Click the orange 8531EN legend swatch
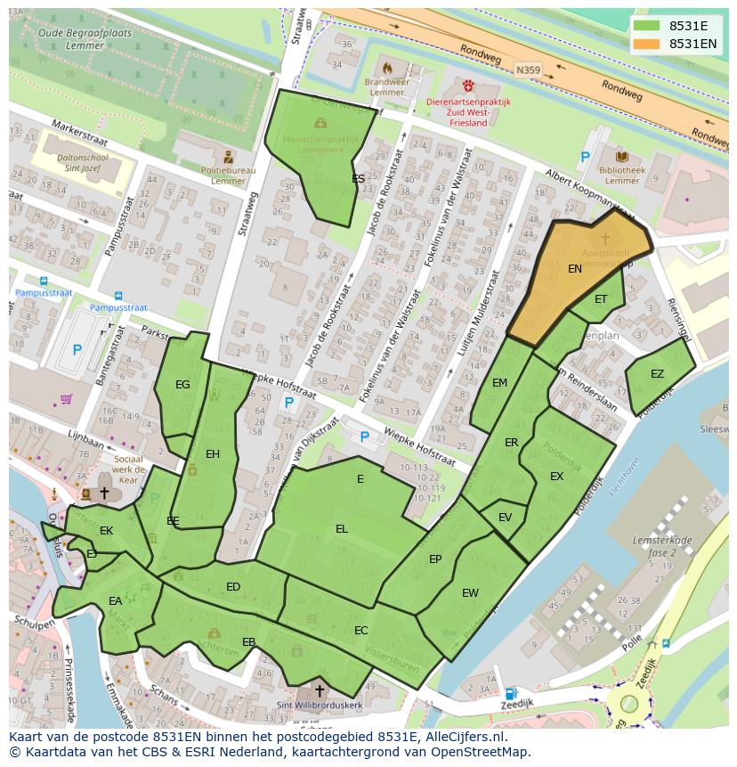click(648, 44)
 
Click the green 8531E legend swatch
click(648, 25)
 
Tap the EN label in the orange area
click(575, 268)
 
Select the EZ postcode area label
click(657, 374)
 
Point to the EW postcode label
click(470, 593)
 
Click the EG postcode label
click(182, 385)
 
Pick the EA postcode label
click(115, 601)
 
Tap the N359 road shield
click(528, 67)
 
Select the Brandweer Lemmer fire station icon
click(386, 68)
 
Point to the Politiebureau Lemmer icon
click(228, 156)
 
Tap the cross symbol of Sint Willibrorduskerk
click(319, 691)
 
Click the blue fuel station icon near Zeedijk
click(510, 694)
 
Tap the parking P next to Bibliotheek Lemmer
click(585, 158)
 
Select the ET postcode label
click(601, 299)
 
